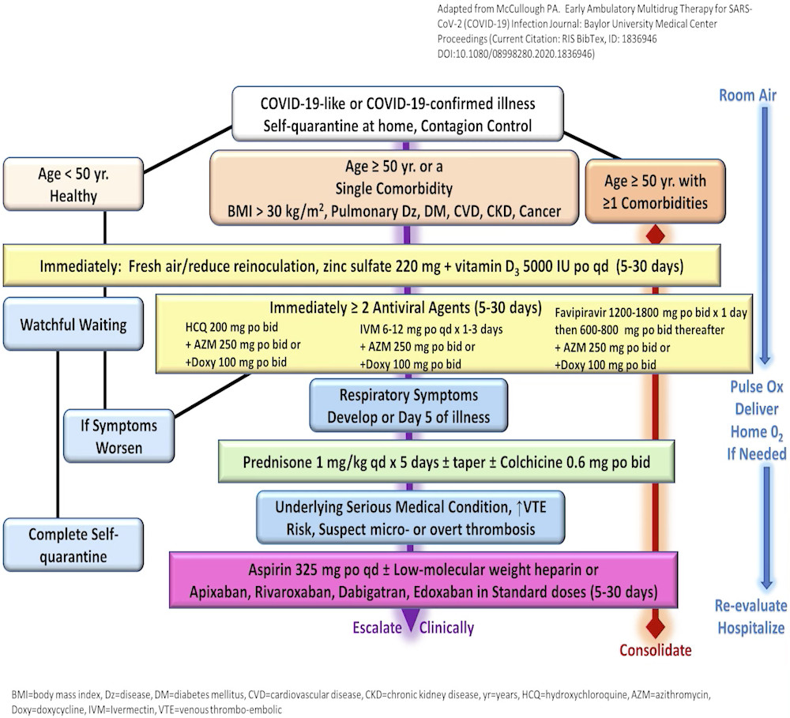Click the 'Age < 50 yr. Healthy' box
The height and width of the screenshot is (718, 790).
73,184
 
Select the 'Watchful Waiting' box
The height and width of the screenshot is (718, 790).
73,324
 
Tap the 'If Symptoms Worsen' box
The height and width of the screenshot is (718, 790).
119,436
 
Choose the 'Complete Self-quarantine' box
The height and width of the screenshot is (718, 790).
73,545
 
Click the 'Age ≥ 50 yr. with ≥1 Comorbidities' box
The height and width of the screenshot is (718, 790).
655,191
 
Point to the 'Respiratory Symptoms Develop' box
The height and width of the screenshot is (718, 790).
408,406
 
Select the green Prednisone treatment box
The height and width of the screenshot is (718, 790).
446,461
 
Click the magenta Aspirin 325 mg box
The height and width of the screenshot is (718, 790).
423,580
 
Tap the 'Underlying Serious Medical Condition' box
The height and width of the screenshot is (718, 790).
411,517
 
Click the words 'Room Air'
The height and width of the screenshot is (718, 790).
747,96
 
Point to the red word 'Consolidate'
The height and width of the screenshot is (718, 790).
656,650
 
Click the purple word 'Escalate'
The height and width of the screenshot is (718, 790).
378,628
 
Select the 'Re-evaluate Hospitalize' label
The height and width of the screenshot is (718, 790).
751,617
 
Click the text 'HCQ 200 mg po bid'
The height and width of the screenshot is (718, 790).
231,327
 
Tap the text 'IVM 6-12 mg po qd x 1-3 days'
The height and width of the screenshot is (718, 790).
431,329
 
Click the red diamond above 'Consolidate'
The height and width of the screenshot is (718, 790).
656,628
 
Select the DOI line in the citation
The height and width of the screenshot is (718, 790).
516,54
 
